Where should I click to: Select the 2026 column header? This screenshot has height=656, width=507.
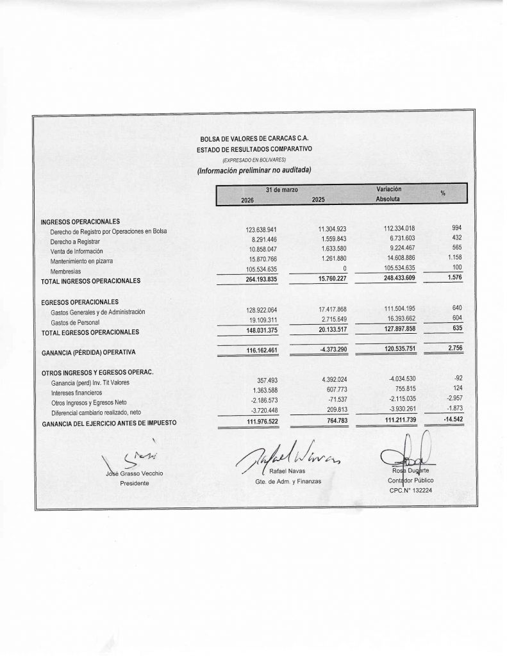tap(247, 199)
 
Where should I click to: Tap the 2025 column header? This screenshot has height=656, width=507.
tap(318, 199)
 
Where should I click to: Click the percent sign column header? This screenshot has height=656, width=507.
tap(443, 193)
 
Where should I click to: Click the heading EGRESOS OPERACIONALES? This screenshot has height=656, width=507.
tap(79, 302)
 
